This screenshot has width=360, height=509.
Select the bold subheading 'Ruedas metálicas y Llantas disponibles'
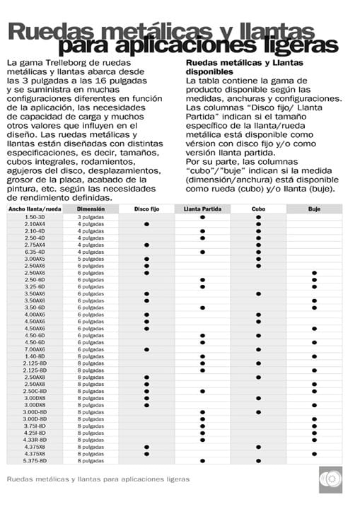click(x=234, y=68)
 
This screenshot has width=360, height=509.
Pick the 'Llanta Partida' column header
click(x=202, y=209)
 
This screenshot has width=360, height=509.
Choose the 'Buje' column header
click(x=314, y=209)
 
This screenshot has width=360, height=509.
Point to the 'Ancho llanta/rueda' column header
click(x=35, y=209)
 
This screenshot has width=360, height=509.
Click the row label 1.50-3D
click(x=35, y=217)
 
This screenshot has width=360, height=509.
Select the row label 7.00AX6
click(x=35, y=349)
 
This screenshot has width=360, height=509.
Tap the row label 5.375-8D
click(x=35, y=460)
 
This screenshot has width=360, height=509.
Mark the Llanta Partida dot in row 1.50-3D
click(x=202, y=217)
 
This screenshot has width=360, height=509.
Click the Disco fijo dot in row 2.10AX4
click(x=146, y=224)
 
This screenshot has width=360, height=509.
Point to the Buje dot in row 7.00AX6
click(x=314, y=349)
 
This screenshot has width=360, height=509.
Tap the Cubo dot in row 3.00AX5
click(x=258, y=259)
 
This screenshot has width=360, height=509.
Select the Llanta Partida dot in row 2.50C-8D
click(x=202, y=391)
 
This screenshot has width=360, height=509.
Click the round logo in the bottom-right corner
click(x=330, y=479)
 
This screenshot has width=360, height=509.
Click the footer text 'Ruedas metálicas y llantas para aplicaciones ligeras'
click(x=98, y=479)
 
